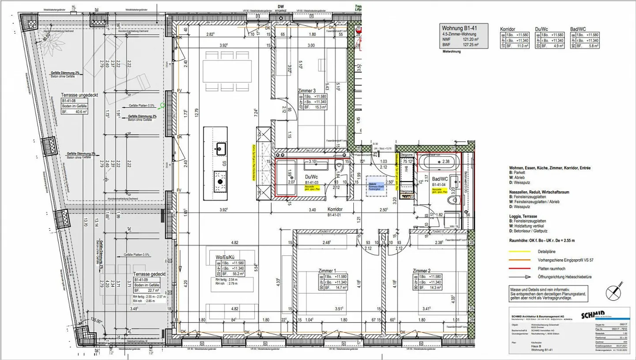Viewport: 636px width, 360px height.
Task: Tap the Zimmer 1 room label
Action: (327, 271)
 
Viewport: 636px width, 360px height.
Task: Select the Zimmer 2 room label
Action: (421, 271)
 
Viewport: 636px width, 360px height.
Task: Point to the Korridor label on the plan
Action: (335, 211)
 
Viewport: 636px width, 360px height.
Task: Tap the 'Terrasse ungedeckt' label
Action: (79, 95)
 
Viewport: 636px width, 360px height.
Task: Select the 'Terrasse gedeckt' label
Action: (149, 274)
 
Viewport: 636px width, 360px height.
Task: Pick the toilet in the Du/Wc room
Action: (340, 167)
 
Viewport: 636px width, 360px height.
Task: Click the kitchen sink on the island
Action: (220, 148)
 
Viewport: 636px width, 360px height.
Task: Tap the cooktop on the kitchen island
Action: (220, 180)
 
